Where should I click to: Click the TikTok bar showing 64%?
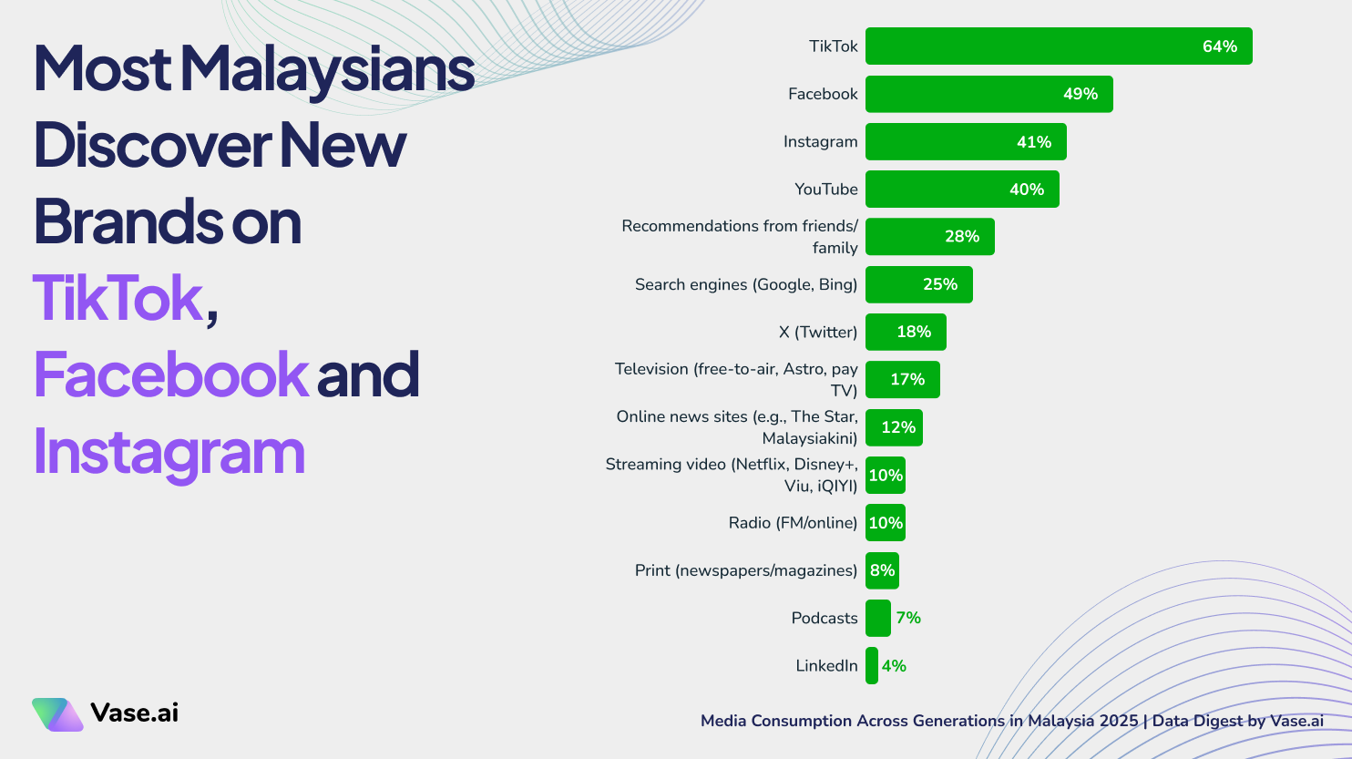pyautogui.click(x=1057, y=46)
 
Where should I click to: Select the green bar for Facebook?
pyautogui.click(x=988, y=94)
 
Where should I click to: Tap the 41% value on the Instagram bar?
pyautogui.click(x=1034, y=142)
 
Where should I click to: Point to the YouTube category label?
pyautogui.click(x=825, y=190)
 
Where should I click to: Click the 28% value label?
pyautogui.click(x=962, y=237)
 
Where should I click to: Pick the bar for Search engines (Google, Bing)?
pyautogui.click(x=918, y=284)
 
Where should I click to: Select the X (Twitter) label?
pyautogui.click(x=817, y=332)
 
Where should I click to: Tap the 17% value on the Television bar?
pyautogui.click(x=907, y=380)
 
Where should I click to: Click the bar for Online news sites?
pyautogui.click(x=893, y=427)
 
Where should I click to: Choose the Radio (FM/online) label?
pyautogui.click(x=793, y=523)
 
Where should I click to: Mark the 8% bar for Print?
pyautogui.click(x=881, y=570)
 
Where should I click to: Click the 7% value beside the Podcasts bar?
pyautogui.click(x=908, y=618)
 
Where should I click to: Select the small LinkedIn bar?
pyautogui.click(x=872, y=666)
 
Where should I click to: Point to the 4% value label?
pyautogui.click(x=894, y=666)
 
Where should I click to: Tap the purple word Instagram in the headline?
pyautogui.click(x=169, y=452)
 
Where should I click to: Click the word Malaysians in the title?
pyautogui.click(x=327, y=69)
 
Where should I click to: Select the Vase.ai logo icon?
pyautogui.click(x=56, y=714)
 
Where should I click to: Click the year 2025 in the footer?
pyautogui.click(x=1118, y=721)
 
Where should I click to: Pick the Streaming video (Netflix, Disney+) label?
pyautogui.click(x=732, y=475)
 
